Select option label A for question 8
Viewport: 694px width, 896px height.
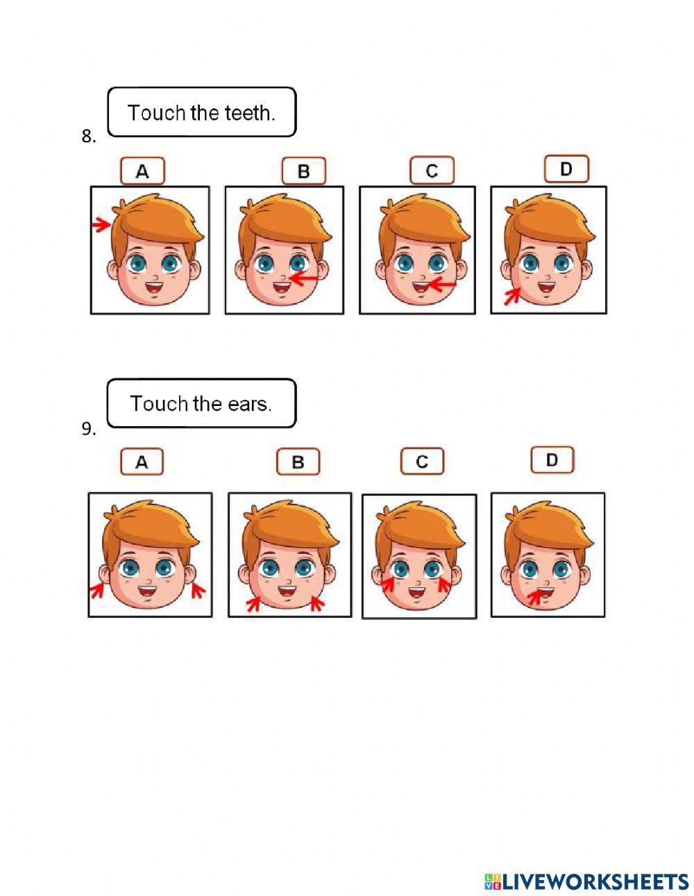coord(142,171)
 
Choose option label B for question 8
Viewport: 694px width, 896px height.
coord(303,171)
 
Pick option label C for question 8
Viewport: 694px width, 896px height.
coord(432,171)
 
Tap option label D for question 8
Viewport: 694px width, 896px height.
coord(566,169)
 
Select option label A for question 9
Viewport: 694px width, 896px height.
coord(142,462)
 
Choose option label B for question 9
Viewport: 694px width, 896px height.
coord(298,462)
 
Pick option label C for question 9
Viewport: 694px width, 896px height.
coord(423,462)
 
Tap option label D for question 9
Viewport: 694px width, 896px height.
coord(552,460)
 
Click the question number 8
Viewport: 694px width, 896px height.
coord(88,137)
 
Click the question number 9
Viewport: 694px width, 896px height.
coord(88,429)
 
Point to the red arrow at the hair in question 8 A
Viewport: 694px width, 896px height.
coord(101,224)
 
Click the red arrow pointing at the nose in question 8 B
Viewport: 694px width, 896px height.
coord(303,279)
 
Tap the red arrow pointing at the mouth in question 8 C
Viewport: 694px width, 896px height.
coord(439,285)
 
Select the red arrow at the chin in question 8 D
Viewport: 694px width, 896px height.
coord(511,297)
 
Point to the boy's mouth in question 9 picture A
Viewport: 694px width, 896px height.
coord(149,591)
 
